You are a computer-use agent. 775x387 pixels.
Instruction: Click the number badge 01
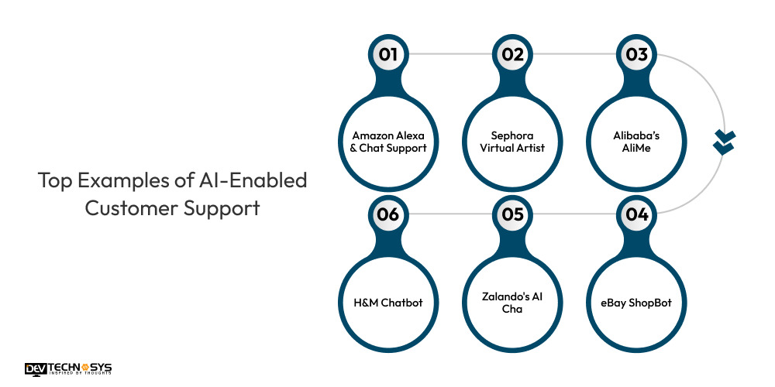(388, 54)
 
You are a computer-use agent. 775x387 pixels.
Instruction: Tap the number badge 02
(512, 54)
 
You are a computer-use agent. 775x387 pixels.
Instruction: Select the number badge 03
(636, 54)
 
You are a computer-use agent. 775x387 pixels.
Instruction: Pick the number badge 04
(636, 214)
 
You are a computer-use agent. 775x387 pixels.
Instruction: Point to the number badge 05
(512, 214)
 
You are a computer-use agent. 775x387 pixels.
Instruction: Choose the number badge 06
(388, 214)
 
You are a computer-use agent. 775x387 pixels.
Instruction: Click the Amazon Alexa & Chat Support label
(388, 142)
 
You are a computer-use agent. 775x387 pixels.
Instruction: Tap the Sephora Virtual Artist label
(512, 142)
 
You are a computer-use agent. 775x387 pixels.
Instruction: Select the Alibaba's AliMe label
(636, 142)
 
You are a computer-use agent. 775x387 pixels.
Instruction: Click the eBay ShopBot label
(636, 303)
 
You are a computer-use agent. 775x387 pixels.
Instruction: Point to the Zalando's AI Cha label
(512, 303)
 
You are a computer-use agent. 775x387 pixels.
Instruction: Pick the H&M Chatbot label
(388, 303)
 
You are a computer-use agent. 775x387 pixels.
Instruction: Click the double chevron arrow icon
(723, 142)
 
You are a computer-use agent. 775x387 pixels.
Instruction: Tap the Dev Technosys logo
(68, 368)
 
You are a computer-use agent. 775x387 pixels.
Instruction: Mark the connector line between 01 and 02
(450, 54)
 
